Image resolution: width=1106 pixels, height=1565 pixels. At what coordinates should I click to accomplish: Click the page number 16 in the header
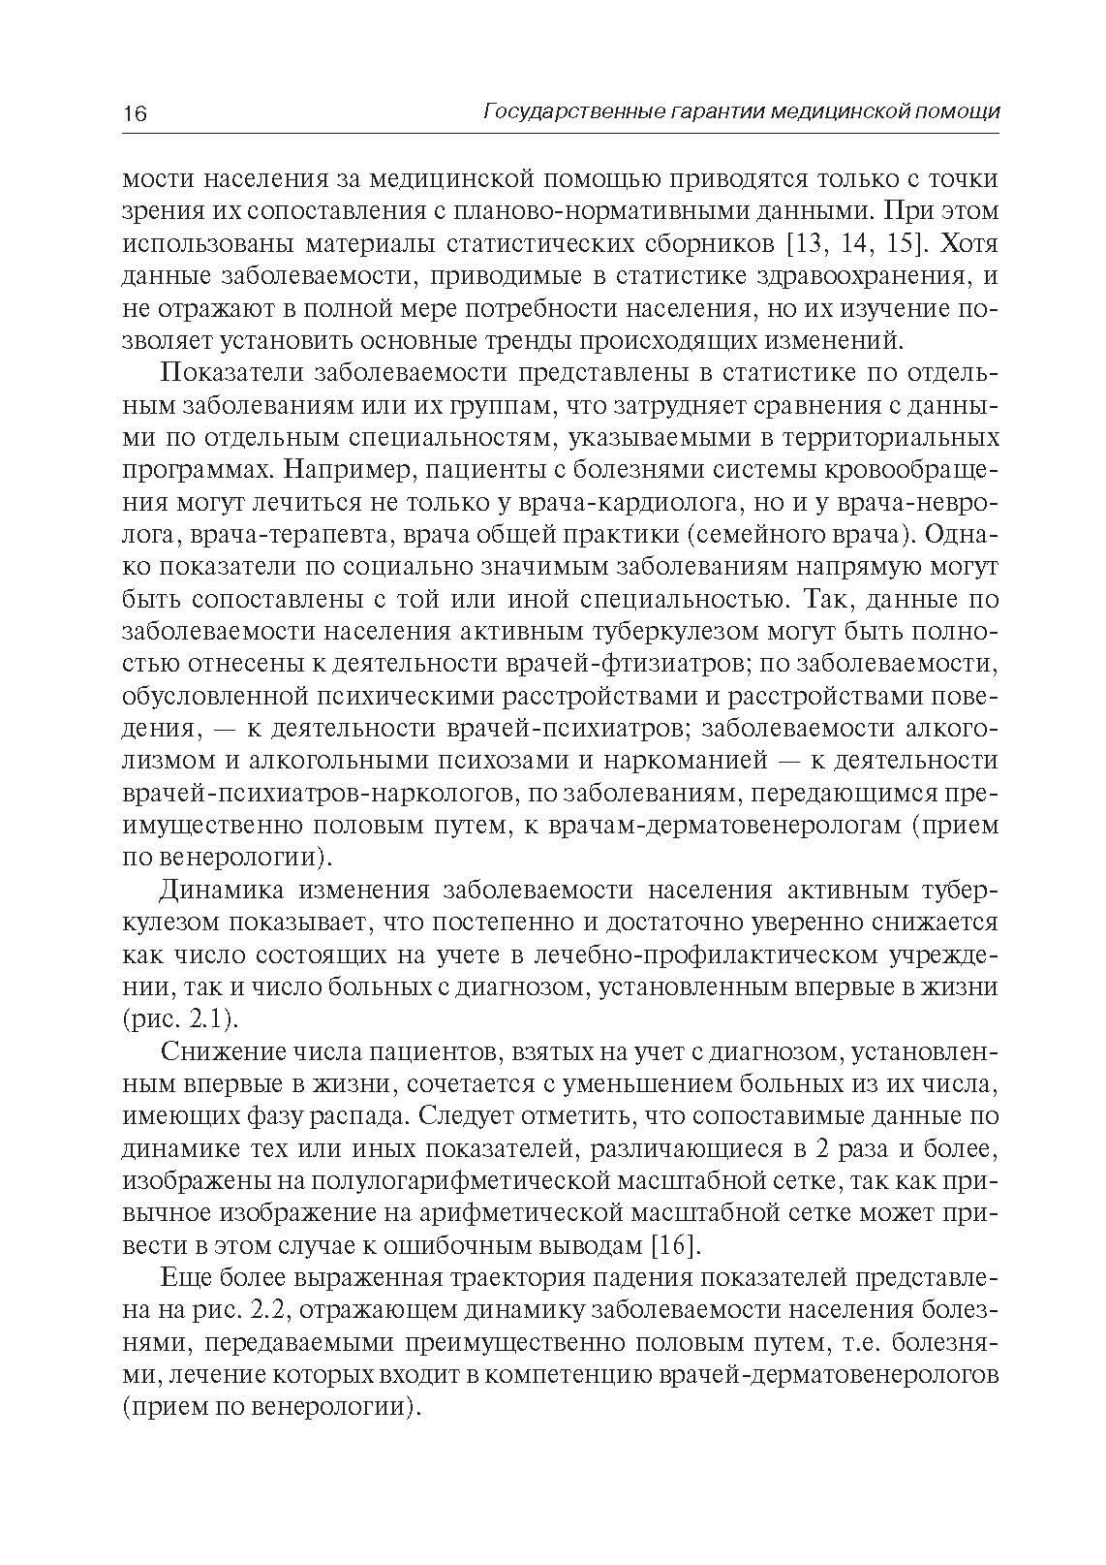tap(135, 113)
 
